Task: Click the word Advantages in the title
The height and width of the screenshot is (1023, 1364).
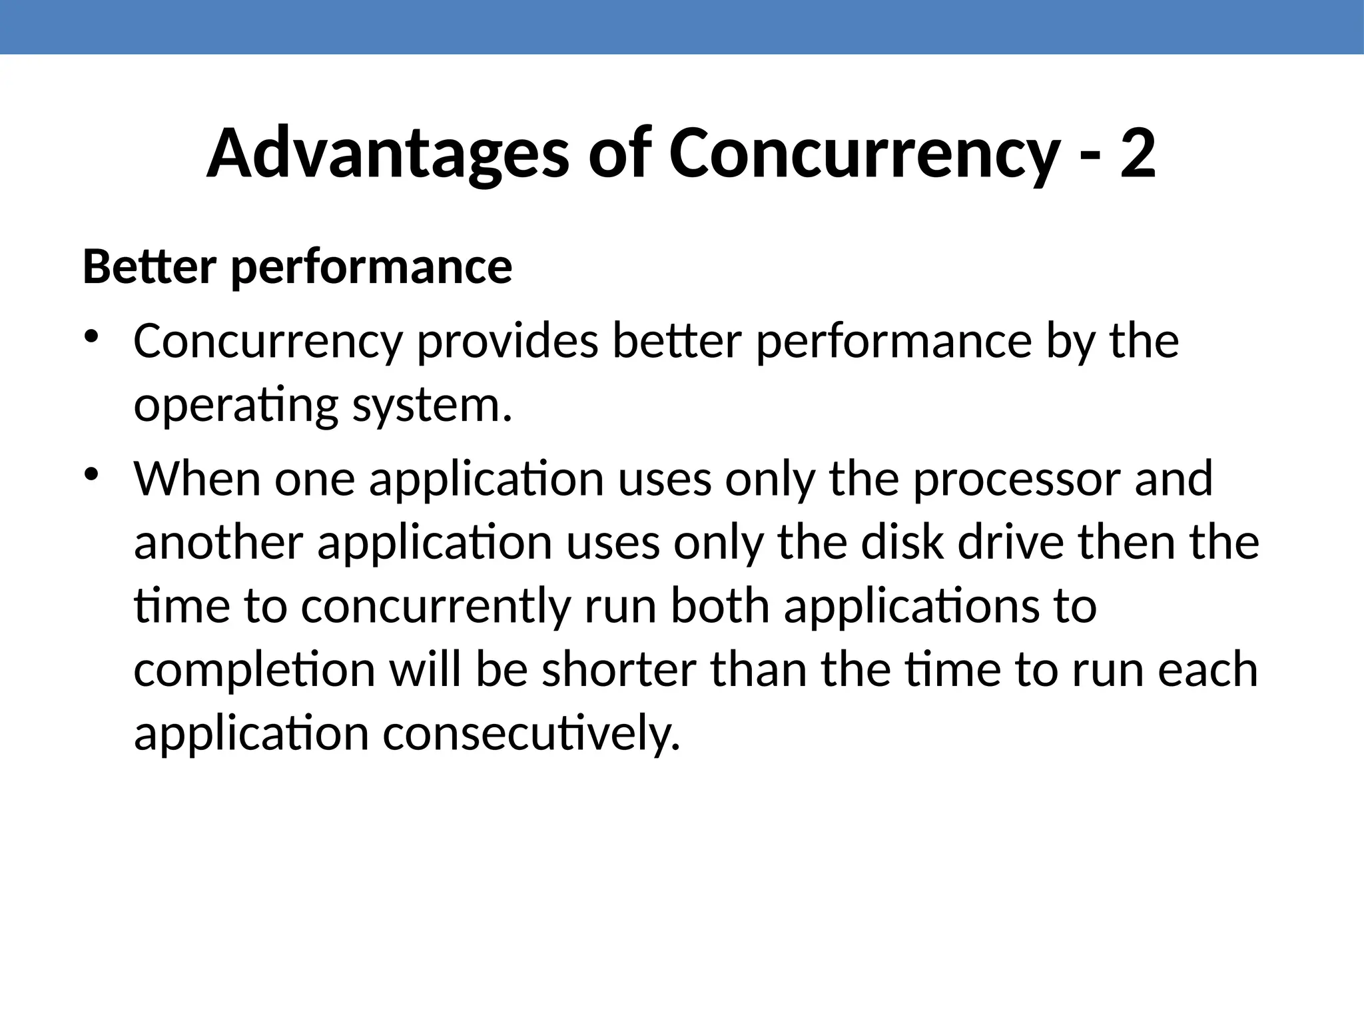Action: [x=388, y=155]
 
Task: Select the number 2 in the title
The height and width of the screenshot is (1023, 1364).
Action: [x=1137, y=155]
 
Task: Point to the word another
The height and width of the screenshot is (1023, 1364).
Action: [x=218, y=542]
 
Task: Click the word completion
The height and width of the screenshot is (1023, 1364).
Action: [x=254, y=670]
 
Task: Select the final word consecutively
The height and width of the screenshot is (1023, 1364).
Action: [x=531, y=734]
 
